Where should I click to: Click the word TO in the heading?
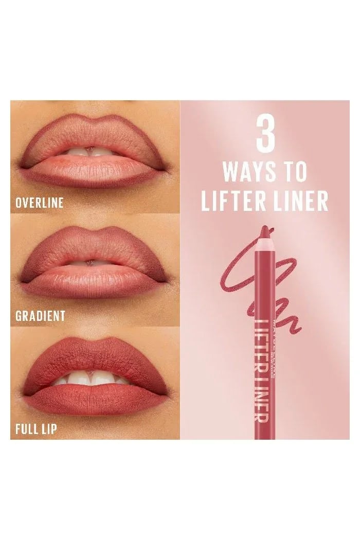295,172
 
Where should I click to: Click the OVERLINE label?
40,202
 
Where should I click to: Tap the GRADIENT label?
40,315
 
